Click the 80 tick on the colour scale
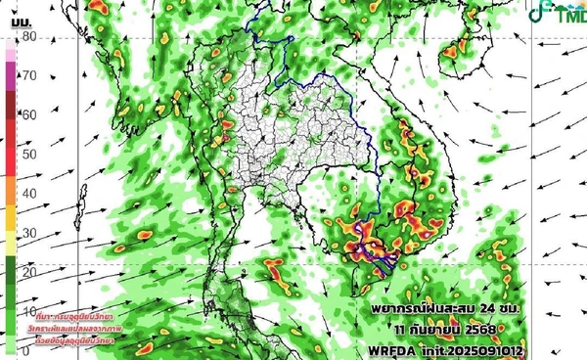pyautogui.click(x=29, y=37)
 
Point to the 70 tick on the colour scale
pyautogui.click(x=29, y=75)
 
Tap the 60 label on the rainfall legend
pyautogui.click(x=29, y=114)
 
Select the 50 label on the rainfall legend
pyautogui.click(x=29, y=154)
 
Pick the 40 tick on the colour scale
pyautogui.click(x=29, y=193)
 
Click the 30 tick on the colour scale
pyautogui.click(x=29, y=232)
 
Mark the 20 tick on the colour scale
pyautogui.click(x=29, y=271)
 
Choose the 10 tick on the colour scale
pyautogui.click(x=29, y=310)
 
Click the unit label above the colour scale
pyautogui.click(x=18, y=17)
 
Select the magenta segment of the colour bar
pyautogui.click(x=10, y=72)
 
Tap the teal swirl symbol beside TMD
pyautogui.click(x=540, y=13)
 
